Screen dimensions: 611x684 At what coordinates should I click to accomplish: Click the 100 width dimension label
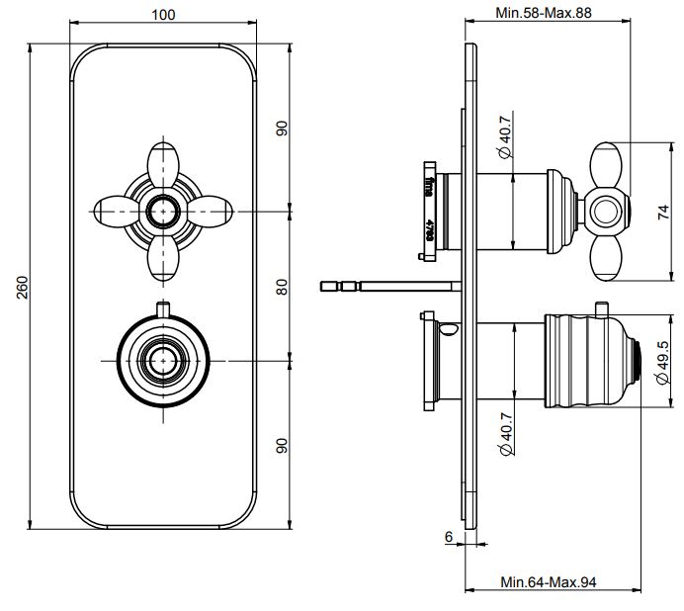tap(164, 14)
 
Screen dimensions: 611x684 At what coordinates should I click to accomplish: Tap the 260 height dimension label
tap(22, 288)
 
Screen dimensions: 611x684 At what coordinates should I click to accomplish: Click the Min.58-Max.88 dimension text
tap(543, 14)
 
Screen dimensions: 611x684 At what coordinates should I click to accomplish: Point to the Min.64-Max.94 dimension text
tap(549, 581)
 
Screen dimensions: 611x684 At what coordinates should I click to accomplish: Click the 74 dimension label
tap(663, 211)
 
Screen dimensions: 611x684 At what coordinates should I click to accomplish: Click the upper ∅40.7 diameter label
tap(504, 140)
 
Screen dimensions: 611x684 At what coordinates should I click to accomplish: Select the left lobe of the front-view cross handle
tap(114, 211)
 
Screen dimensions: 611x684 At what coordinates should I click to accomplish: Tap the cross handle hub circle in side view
tap(604, 211)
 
